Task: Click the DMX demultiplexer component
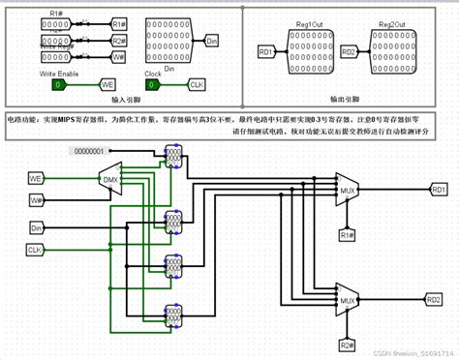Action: click(x=109, y=178)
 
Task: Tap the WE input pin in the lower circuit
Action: click(x=35, y=179)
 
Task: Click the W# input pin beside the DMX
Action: click(x=35, y=199)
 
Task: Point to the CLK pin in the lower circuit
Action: click(x=35, y=250)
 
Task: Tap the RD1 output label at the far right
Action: click(x=439, y=190)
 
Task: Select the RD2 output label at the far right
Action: click(x=433, y=300)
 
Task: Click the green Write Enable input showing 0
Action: click(x=59, y=85)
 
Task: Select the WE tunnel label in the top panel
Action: click(x=108, y=85)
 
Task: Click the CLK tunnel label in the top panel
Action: click(x=197, y=85)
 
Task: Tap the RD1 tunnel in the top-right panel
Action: click(x=266, y=50)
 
